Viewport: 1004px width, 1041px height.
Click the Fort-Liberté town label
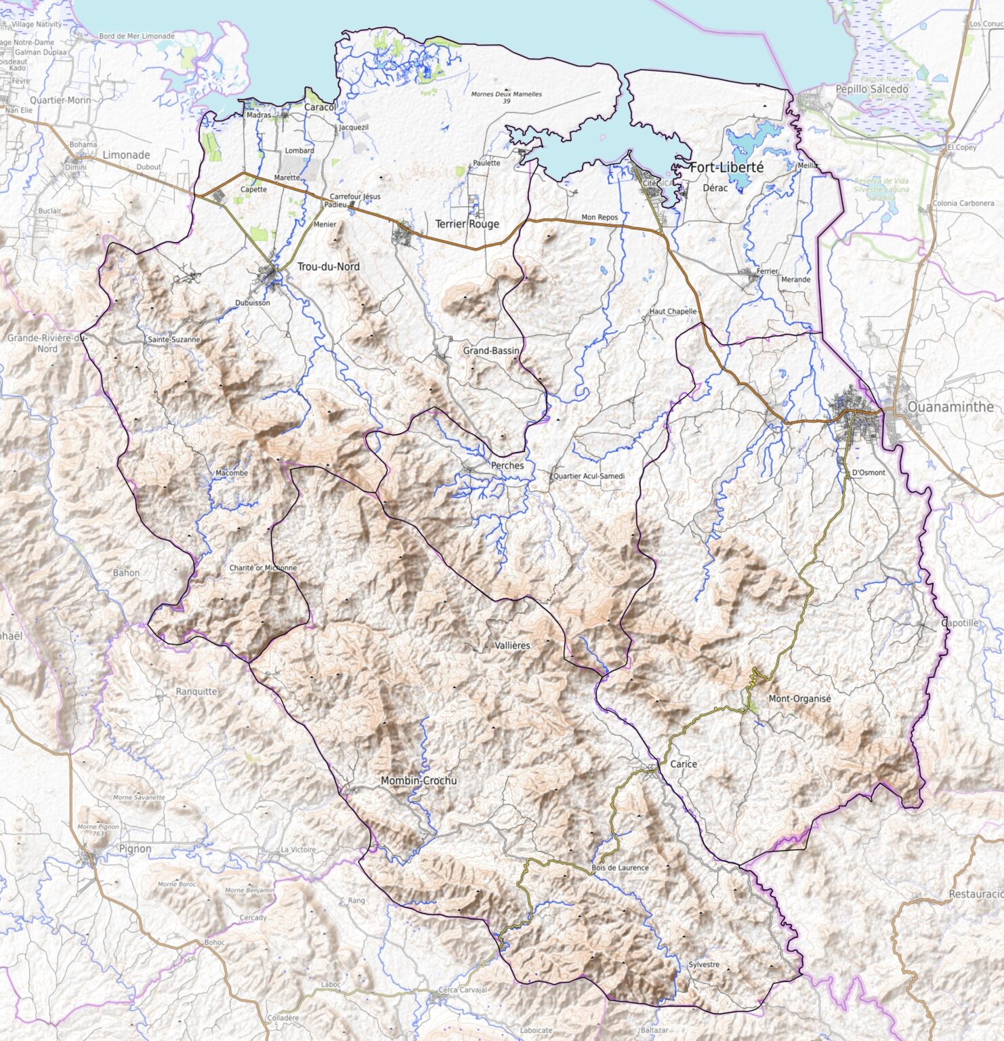726,167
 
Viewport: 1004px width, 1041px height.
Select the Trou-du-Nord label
329,267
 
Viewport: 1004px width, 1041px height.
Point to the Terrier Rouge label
467,224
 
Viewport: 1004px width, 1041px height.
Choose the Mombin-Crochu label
419,781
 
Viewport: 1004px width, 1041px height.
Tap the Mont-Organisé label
799,699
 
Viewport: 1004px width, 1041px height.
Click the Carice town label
683,764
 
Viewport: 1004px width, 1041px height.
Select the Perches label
507,466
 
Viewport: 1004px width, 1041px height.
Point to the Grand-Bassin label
491,351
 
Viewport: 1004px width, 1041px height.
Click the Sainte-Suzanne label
173,339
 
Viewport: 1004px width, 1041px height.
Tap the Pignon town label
135,849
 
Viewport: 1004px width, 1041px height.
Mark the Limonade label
126,155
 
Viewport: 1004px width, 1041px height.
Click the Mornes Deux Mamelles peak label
507,94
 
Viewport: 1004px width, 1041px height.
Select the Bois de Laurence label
620,867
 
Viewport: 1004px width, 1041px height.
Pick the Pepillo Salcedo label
872,89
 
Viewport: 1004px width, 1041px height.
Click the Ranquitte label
196,692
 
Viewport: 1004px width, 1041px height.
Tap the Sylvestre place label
704,964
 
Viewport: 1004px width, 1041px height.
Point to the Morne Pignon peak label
98,827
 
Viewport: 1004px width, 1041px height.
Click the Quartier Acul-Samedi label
589,476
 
